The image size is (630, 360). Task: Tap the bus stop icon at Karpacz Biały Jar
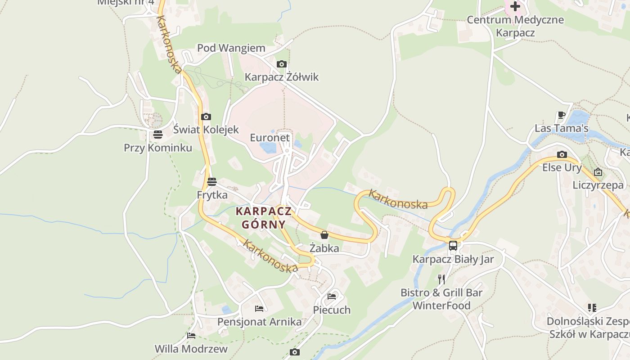click(x=453, y=246)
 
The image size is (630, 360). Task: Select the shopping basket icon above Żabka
click(x=324, y=235)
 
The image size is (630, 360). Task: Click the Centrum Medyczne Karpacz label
click(x=515, y=26)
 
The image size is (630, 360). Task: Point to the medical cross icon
click(x=515, y=6)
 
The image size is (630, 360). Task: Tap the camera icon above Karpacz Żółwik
click(x=282, y=64)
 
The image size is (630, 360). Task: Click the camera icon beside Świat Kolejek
click(x=206, y=117)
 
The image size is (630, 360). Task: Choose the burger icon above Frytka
click(x=212, y=182)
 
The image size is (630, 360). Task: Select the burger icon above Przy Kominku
click(x=157, y=134)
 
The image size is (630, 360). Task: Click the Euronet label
click(x=270, y=138)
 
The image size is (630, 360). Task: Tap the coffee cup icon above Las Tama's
click(x=561, y=115)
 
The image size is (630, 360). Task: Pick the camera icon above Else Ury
click(x=562, y=155)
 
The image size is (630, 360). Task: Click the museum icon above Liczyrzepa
click(x=598, y=172)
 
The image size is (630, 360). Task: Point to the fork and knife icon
click(x=441, y=279)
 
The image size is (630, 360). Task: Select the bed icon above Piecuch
click(x=332, y=297)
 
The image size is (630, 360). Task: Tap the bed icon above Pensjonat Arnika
click(x=259, y=308)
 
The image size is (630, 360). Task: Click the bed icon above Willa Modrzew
click(x=191, y=335)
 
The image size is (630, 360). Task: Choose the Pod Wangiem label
click(x=231, y=48)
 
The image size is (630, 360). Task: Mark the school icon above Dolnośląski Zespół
click(x=592, y=308)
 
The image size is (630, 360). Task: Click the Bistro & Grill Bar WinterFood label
click(x=441, y=299)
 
